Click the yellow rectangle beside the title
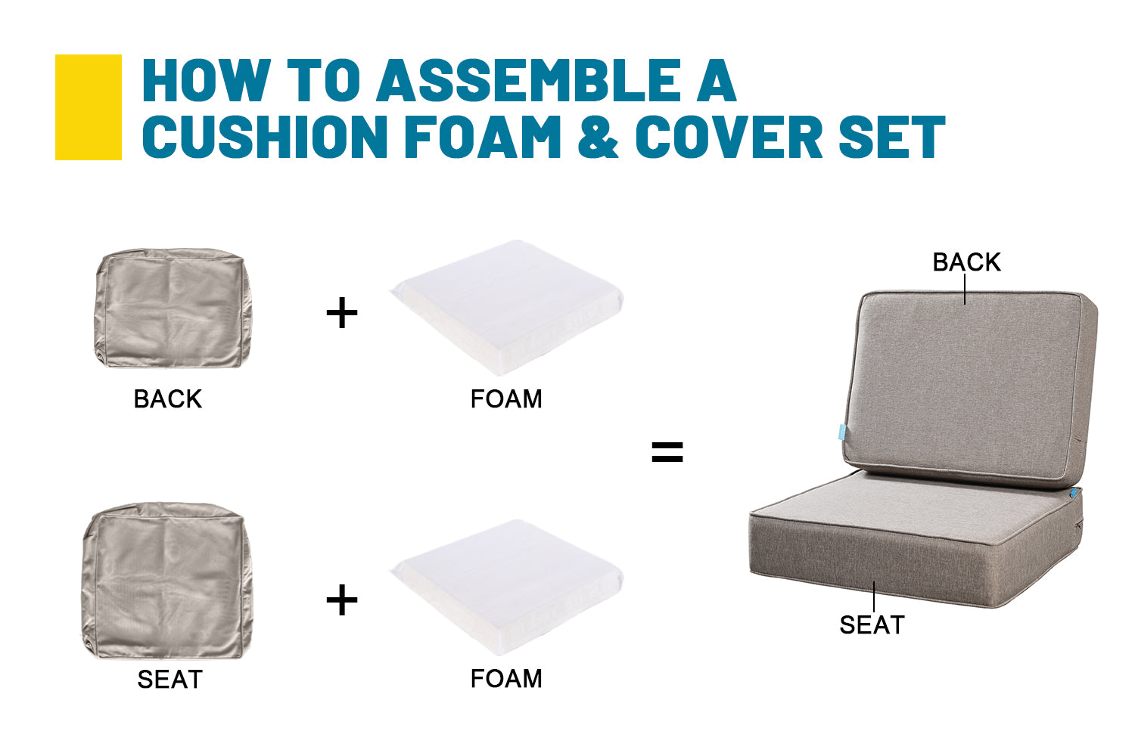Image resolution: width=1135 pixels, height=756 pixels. pyautogui.click(x=89, y=107)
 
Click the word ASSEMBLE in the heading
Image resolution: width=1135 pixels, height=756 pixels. pyautogui.click(x=527, y=80)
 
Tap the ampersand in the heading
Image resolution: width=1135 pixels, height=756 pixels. pyautogui.click(x=598, y=137)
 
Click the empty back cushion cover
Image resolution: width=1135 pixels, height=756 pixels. pyautogui.click(x=173, y=308)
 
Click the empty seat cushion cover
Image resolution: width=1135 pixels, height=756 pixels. pyautogui.click(x=167, y=581)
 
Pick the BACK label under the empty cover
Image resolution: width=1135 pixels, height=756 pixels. pyautogui.click(x=168, y=399)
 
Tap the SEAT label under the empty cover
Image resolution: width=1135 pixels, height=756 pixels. pyautogui.click(x=169, y=679)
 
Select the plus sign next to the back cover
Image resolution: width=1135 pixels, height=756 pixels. pyautogui.click(x=342, y=313)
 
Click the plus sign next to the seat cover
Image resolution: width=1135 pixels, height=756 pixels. pyautogui.click(x=342, y=600)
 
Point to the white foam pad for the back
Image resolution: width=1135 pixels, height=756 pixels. pyautogui.click(x=507, y=308)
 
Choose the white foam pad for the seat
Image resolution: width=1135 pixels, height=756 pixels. pyautogui.click(x=507, y=587)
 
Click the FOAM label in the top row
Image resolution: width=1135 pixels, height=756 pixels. pyautogui.click(x=506, y=399)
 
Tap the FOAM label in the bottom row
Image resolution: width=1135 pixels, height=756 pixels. pyautogui.click(x=506, y=679)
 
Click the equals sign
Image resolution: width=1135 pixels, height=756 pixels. pyautogui.click(x=667, y=452)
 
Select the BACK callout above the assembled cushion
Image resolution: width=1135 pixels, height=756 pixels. pyautogui.click(x=967, y=262)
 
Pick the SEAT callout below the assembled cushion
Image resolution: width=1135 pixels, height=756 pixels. pyautogui.click(x=872, y=625)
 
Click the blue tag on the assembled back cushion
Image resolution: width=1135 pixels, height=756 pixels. pyautogui.click(x=841, y=432)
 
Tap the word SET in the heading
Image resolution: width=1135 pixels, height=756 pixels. pyautogui.click(x=892, y=137)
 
